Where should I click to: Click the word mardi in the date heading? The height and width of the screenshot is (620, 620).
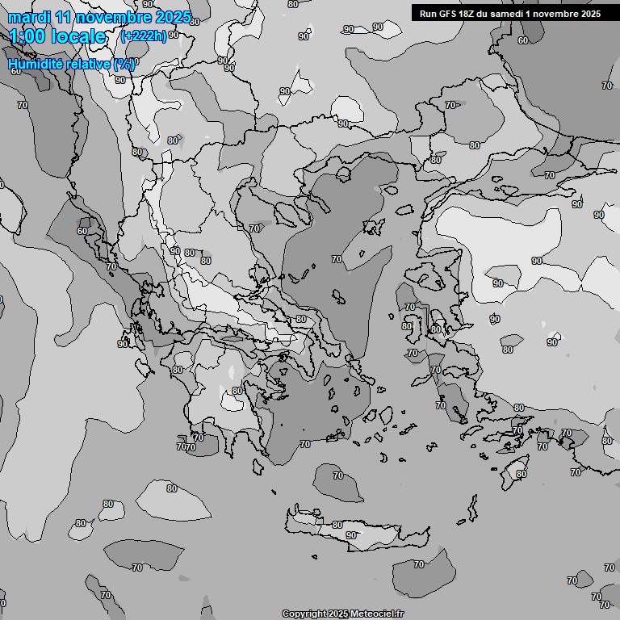pyautogui.click(x=27, y=17)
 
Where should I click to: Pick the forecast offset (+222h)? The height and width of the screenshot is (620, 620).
pyautogui.click(x=143, y=36)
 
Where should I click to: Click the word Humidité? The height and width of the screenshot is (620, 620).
pyautogui.click(x=35, y=64)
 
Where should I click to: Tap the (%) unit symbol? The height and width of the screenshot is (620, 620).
pyautogui.click(x=124, y=64)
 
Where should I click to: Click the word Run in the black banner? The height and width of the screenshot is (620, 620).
pyautogui.click(x=428, y=14)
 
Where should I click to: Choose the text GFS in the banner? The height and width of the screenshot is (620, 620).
pyautogui.click(x=448, y=14)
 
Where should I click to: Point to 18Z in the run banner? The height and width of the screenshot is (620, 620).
pyautogui.click(x=471, y=14)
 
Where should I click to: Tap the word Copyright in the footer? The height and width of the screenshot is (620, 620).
pyautogui.click(x=303, y=614)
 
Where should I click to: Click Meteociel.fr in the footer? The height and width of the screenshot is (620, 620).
pyautogui.click(x=377, y=614)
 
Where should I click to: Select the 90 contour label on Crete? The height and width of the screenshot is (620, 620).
pyautogui.click(x=351, y=535)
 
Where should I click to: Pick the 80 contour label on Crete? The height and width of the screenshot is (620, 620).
pyautogui.click(x=337, y=525)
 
